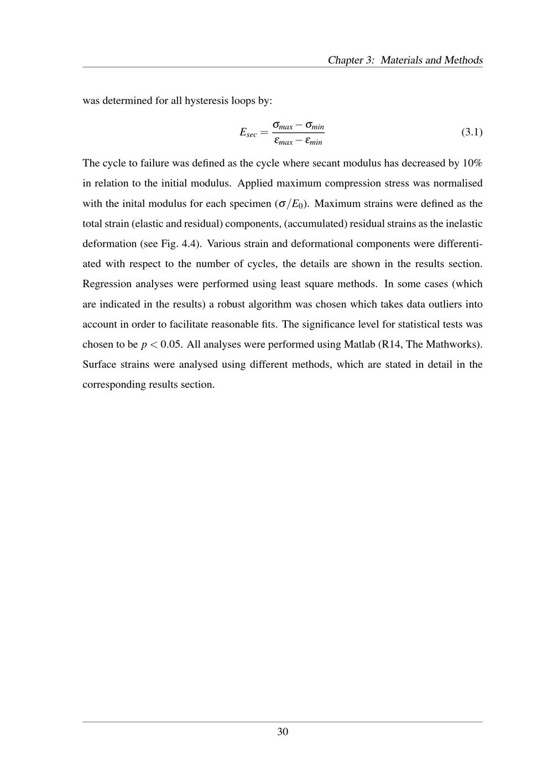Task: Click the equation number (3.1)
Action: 472,132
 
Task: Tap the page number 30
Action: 283,732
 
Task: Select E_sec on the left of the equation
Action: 248,133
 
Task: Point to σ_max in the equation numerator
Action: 283,126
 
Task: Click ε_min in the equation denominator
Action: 314,142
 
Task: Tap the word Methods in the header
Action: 463,60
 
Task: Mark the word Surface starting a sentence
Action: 100,364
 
